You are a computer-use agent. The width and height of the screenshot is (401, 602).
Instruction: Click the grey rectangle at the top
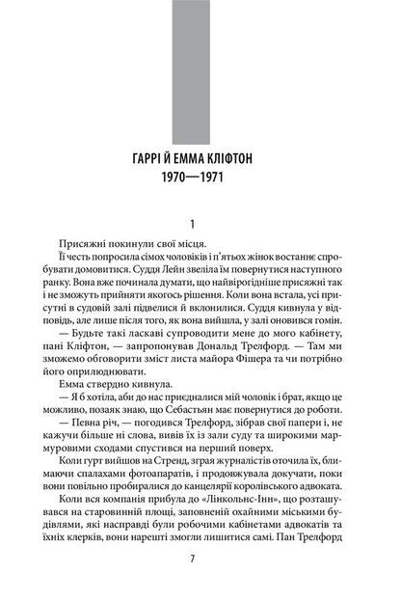pos(200,71)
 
